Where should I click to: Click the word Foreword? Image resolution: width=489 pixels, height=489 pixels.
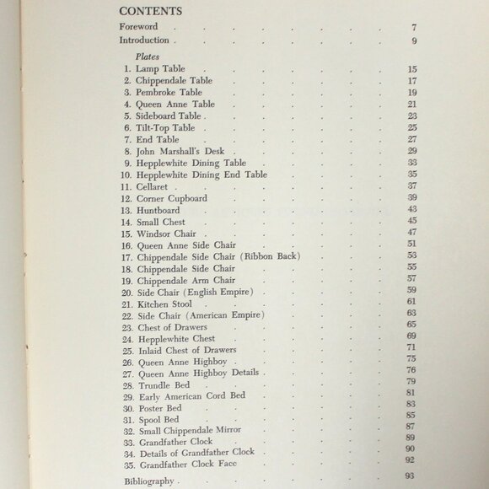(138, 26)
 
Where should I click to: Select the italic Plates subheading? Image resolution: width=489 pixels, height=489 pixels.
(135, 56)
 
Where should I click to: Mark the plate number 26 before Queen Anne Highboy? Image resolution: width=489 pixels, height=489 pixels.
(127, 361)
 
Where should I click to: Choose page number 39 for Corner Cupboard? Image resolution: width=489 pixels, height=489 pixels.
(412, 197)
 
